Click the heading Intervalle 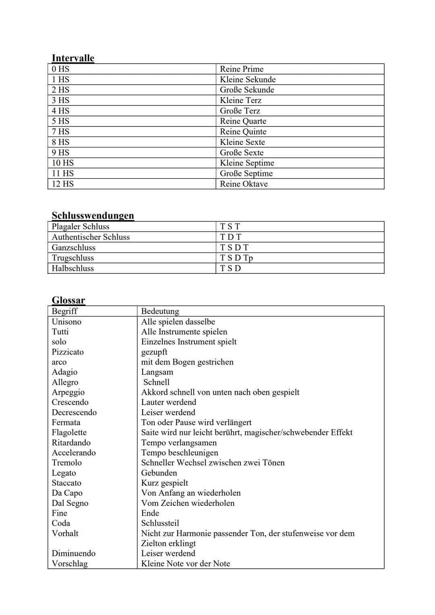pyautogui.click(x=73, y=58)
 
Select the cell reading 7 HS pyautogui.click(x=60, y=132)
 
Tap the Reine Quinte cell pyautogui.click(x=243, y=132)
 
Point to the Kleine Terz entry pyautogui.click(x=240, y=100)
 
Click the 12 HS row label pyautogui.click(x=62, y=184)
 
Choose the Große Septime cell pyautogui.click(x=246, y=174)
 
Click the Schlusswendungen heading pyautogui.click(x=93, y=215)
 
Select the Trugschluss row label pyautogui.click(x=72, y=258)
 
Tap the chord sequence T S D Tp pyautogui.click(x=236, y=258)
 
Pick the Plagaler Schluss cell pyautogui.click(x=81, y=227)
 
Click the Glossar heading pyautogui.click(x=68, y=300)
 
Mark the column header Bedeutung pyautogui.click(x=160, y=311)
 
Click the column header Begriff pyautogui.click(x=64, y=311)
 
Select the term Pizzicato pyautogui.click(x=68, y=352)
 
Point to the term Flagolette pyautogui.click(x=69, y=433)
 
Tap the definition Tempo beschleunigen pyautogui.click(x=180, y=453)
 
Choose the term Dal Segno pyautogui.click(x=70, y=503)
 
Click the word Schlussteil pyautogui.click(x=160, y=523)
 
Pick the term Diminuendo pyautogui.click(x=73, y=553)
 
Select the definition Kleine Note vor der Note pyautogui.click(x=185, y=564)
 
